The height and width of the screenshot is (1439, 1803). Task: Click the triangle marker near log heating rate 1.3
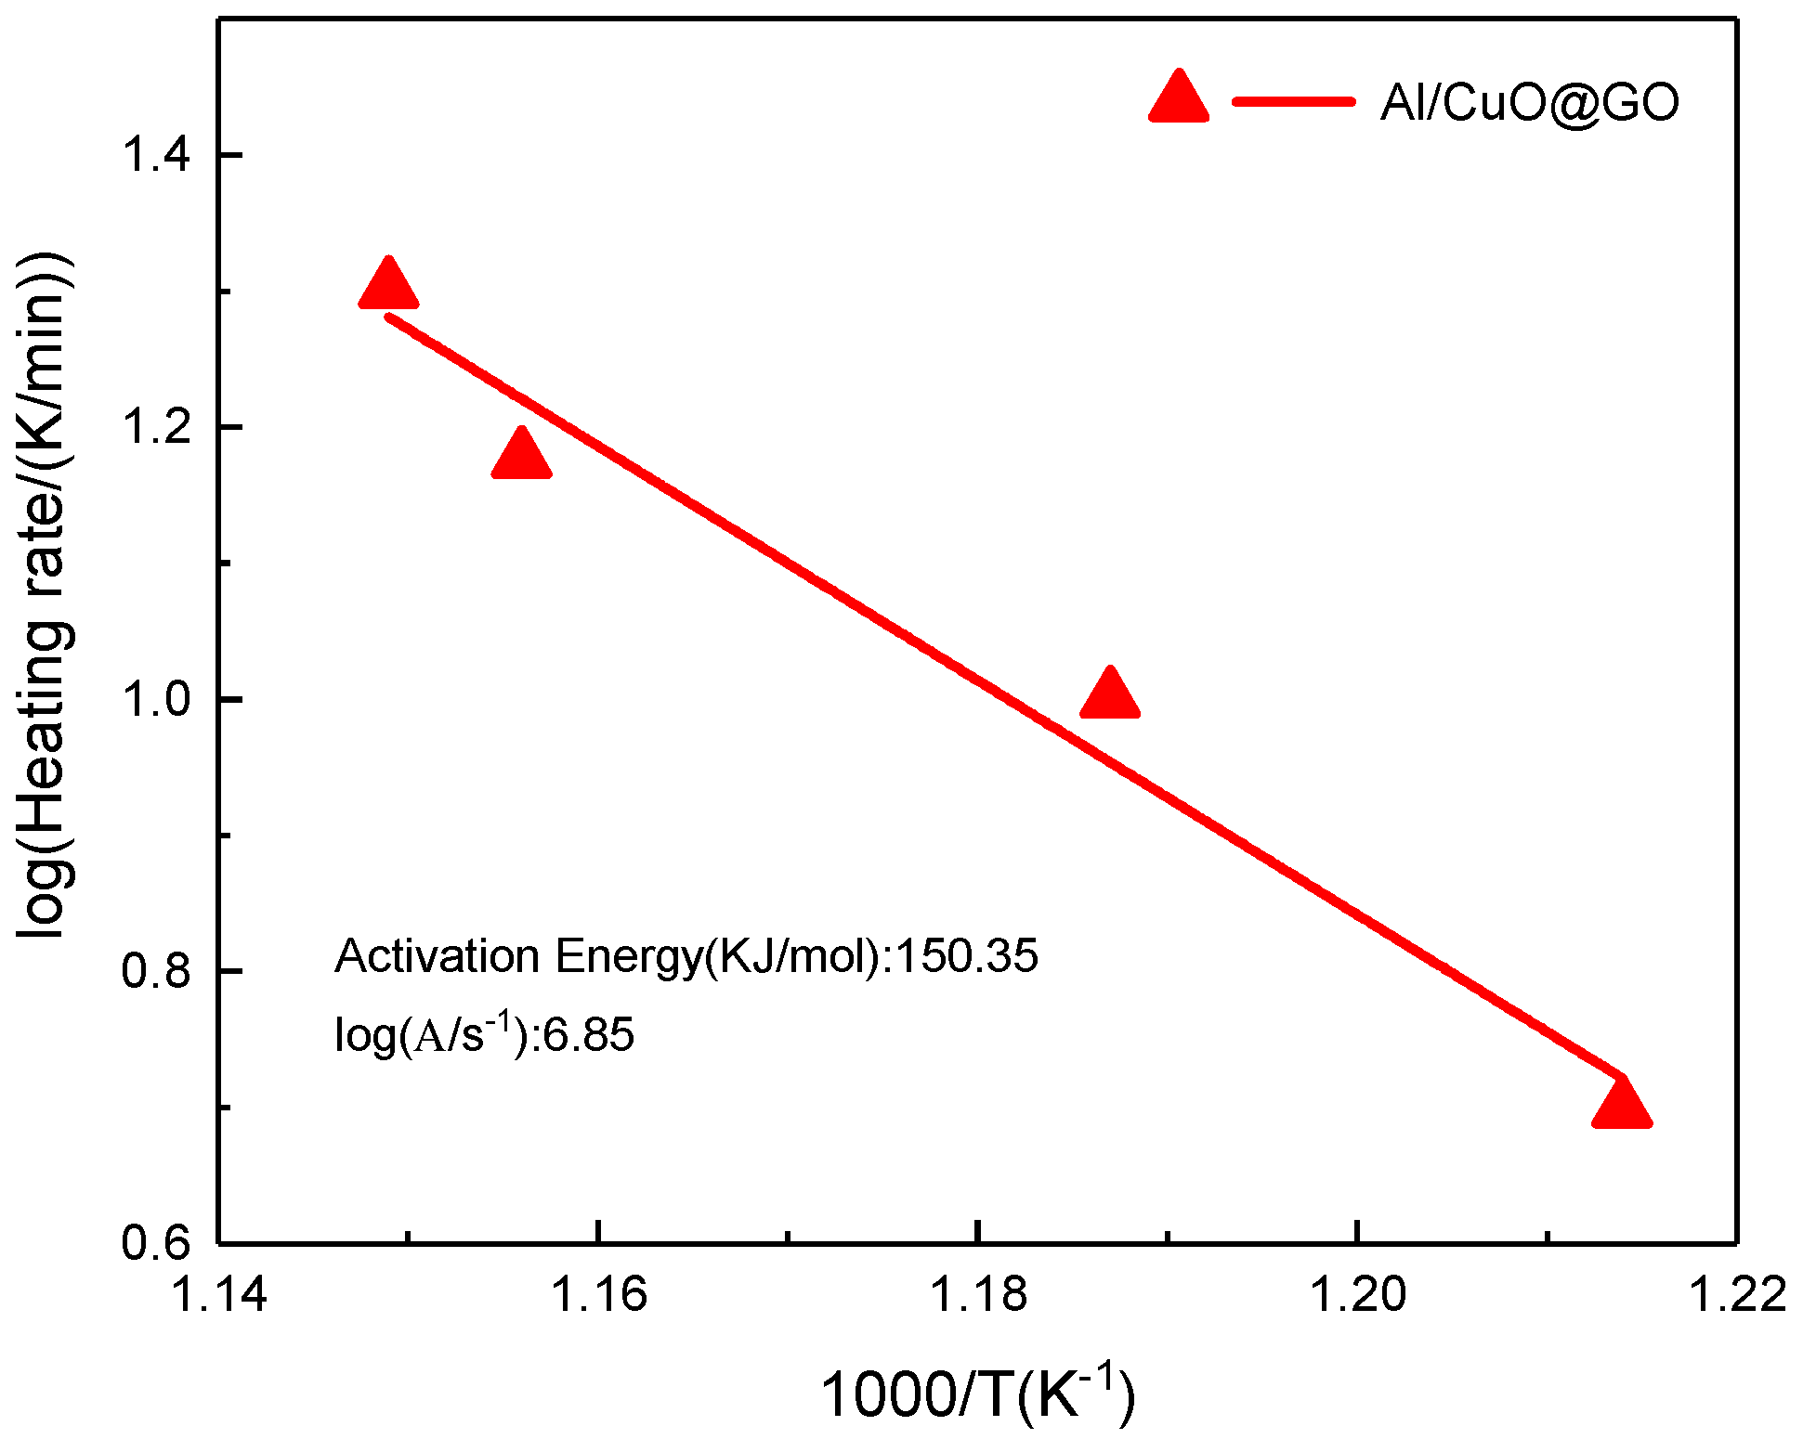point(388,286)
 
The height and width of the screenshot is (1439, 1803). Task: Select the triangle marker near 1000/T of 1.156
point(521,456)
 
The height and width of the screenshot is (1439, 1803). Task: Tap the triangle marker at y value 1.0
point(1110,695)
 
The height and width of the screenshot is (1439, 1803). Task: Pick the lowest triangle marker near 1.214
point(1622,1105)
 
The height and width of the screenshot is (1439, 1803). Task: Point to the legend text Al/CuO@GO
point(1530,102)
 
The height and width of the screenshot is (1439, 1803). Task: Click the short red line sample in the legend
point(1293,101)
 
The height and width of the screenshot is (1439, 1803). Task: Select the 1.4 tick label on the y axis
point(156,154)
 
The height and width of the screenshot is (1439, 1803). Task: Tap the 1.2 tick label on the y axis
point(156,427)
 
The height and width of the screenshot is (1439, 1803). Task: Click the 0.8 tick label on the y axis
point(156,971)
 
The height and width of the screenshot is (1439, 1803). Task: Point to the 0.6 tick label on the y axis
point(156,1242)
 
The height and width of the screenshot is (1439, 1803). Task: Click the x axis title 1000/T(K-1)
point(978,1394)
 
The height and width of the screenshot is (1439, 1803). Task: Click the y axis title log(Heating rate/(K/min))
point(45,594)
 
